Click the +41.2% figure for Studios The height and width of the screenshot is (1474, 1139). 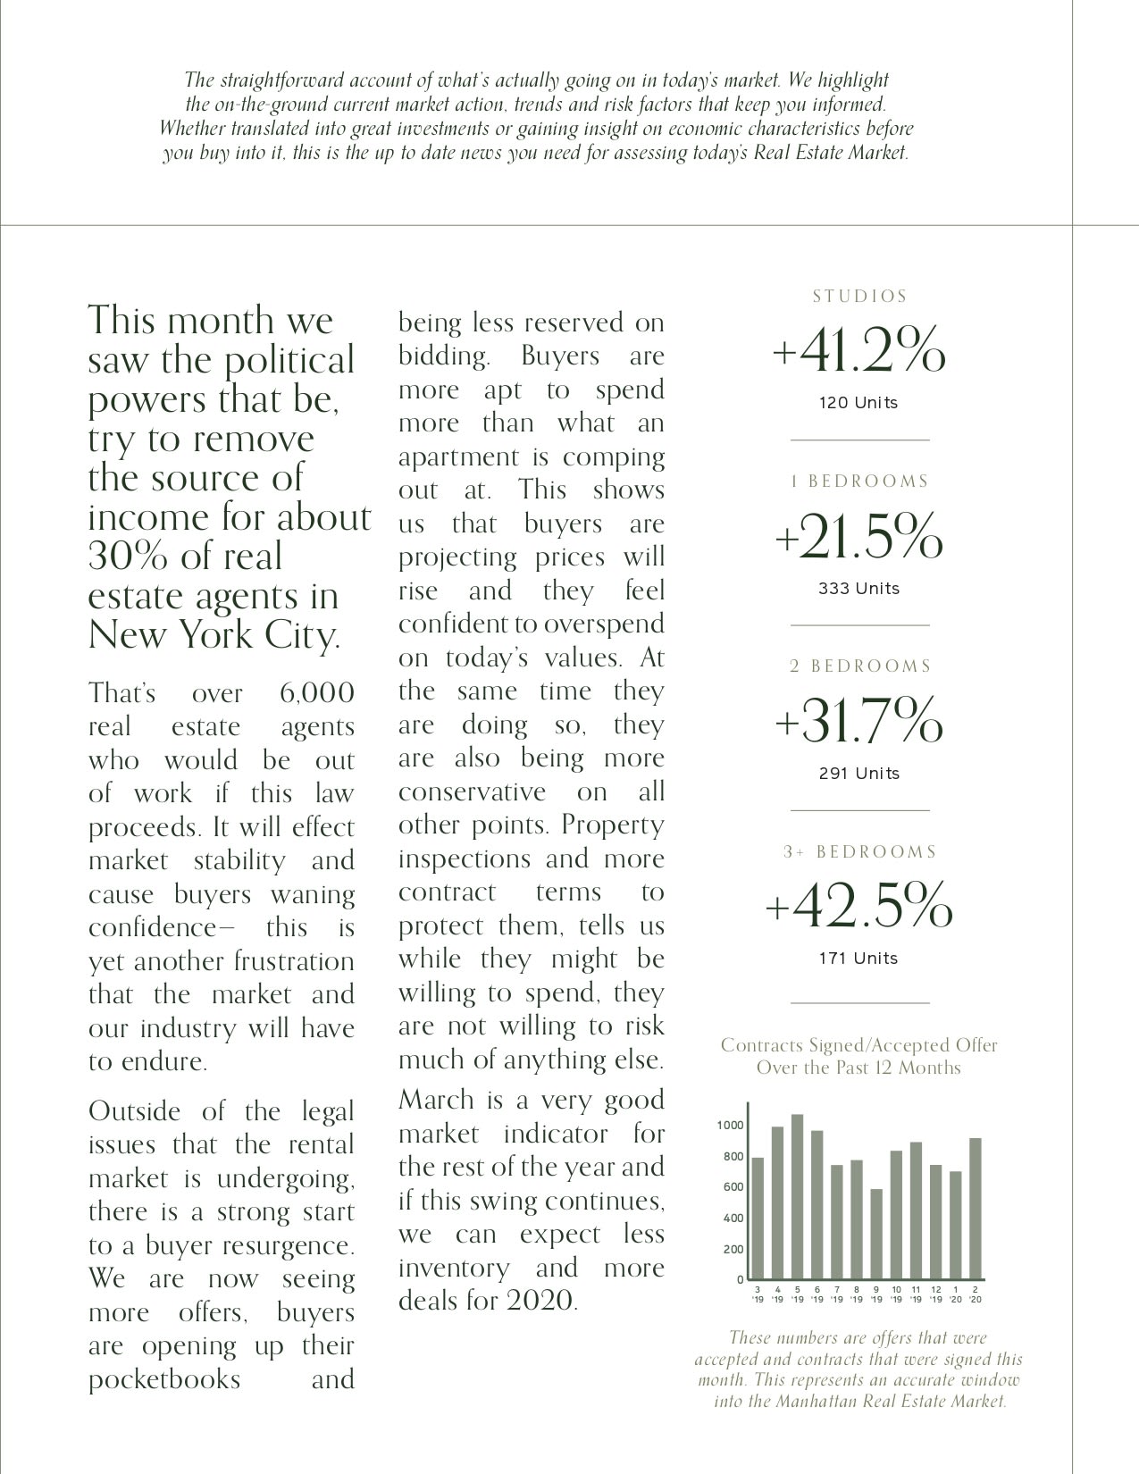pyautogui.click(x=858, y=352)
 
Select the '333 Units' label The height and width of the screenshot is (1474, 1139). pyautogui.click(x=858, y=589)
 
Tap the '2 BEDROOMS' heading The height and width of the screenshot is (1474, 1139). pyautogui.click(x=860, y=666)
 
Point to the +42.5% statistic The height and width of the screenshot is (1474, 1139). pyautogui.click(x=859, y=906)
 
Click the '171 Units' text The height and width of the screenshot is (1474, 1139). pyautogui.click(x=858, y=959)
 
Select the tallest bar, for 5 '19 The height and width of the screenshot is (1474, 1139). pyautogui.click(x=797, y=1197)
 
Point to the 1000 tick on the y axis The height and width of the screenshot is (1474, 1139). pyautogui.click(x=730, y=1126)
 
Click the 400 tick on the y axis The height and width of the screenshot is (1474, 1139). pyautogui.click(x=733, y=1219)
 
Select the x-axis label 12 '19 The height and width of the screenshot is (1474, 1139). pyautogui.click(x=935, y=1294)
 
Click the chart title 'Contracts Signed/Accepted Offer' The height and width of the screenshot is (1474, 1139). pyautogui.click(x=858, y=1045)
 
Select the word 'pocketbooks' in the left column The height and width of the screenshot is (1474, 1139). pyautogui.click(x=164, y=1379)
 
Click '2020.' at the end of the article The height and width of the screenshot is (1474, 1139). pyautogui.click(x=542, y=1301)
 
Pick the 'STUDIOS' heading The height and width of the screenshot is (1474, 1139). pyautogui.click(x=859, y=297)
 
